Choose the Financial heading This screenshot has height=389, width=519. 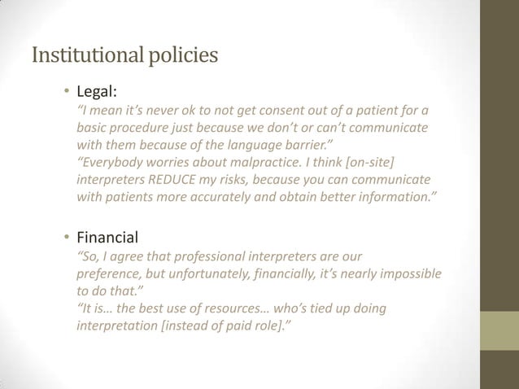[x=107, y=238]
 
